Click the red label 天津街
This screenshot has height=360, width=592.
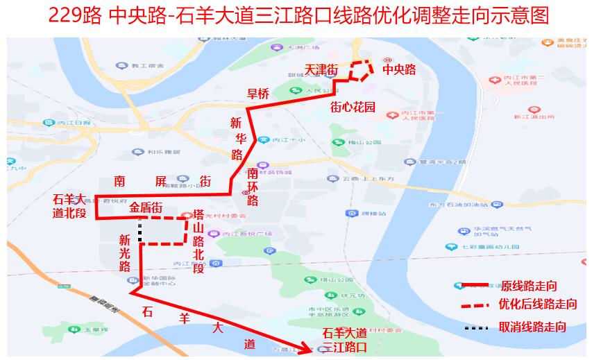[321, 70]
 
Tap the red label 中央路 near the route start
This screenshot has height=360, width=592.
[399, 70]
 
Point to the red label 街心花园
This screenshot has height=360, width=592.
[353, 108]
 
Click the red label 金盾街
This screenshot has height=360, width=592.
[146, 207]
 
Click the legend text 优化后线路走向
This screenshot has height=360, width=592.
[537, 305]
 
